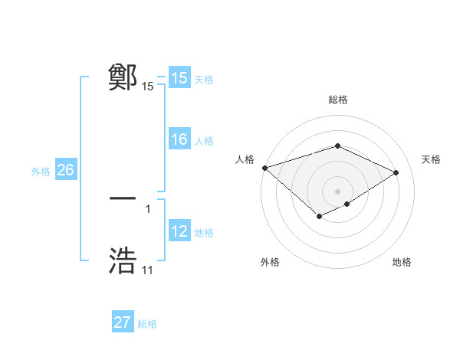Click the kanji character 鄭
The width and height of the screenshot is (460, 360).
[x=123, y=77]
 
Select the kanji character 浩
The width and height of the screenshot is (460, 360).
[x=123, y=261]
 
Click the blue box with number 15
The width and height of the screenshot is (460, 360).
[x=179, y=78]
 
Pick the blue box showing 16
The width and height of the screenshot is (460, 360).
[x=179, y=139]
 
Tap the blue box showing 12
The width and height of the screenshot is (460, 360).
[x=179, y=231]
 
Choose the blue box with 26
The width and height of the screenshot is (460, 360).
[x=65, y=170]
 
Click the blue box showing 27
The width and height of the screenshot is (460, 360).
[x=122, y=322]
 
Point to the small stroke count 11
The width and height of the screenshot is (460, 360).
[x=147, y=270]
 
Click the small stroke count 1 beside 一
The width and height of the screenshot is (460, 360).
[x=147, y=208]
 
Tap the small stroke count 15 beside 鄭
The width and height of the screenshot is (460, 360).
[x=147, y=87]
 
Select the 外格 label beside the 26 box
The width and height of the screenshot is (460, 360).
[x=41, y=172]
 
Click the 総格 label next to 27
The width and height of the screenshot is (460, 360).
[x=147, y=324]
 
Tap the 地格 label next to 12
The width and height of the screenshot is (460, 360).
[x=204, y=233]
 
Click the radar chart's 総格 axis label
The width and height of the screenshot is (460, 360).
[x=337, y=100]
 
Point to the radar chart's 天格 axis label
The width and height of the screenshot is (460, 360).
[x=431, y=159]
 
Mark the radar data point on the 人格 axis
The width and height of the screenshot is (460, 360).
[x=264, y=168]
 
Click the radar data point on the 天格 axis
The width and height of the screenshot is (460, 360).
[x=396, y=172]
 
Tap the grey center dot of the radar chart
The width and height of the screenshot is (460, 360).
[x=337, y=191]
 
